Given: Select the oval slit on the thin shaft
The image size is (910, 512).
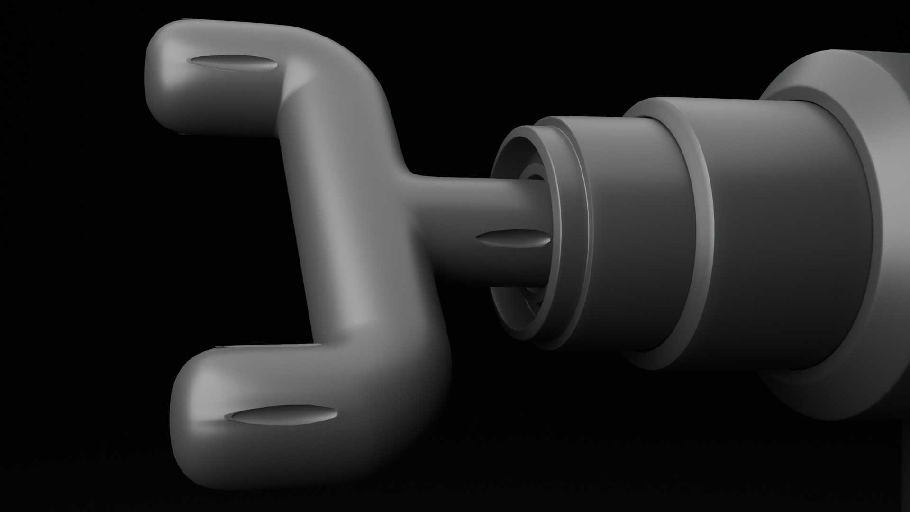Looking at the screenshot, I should coord(513,241).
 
